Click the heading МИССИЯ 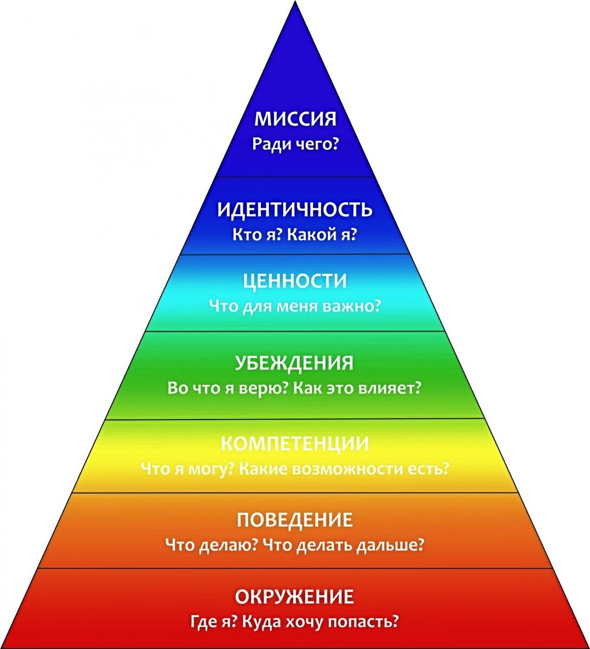tap(295, 119)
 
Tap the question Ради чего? tap(295, 144)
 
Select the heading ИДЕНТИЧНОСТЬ tap(295, 209)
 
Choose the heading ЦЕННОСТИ tap(295, 281)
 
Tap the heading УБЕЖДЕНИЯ tap(295, 362)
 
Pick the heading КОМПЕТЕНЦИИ tap(295, 443)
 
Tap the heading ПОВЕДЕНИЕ tap(295, 520)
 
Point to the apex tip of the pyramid tap(295, 3)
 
